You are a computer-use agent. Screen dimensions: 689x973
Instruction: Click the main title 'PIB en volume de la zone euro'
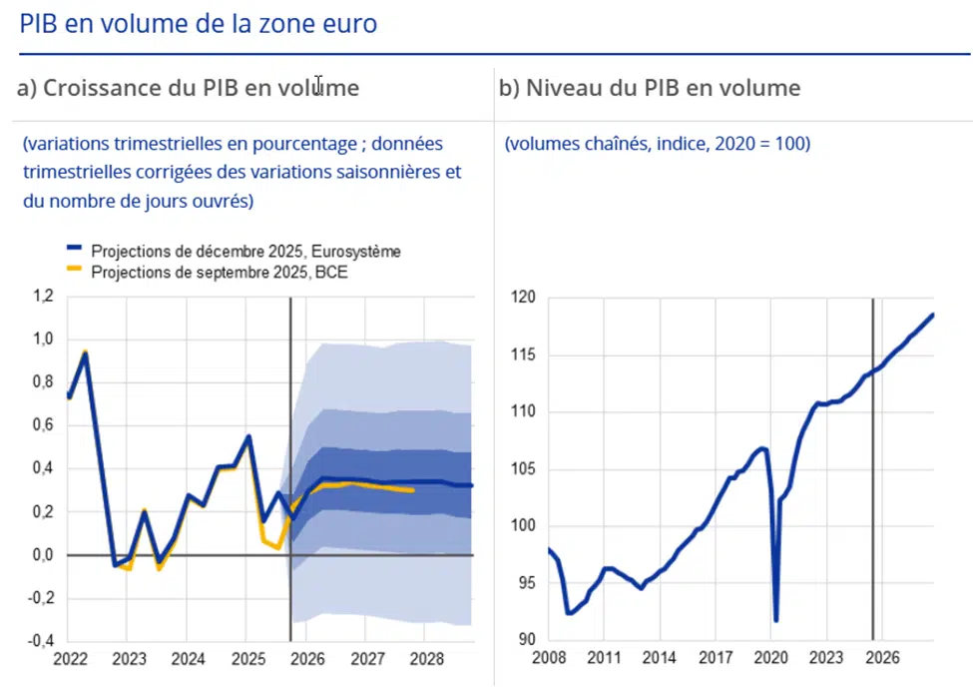pyautogui.click(x=198, y=23)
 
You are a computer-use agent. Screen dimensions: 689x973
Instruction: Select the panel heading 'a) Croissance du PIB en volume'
pyautogui.click(x=189, y=88)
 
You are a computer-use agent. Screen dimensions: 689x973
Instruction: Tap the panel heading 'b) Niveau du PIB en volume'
pyautogui.click(x=649, y=88)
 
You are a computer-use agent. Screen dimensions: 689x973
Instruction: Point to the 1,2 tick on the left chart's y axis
pyautogui.click(x=43, y=297)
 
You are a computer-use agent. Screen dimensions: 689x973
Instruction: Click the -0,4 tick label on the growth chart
pyautogui.click(x=41, y=641)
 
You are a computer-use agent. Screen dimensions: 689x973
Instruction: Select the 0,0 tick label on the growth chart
pyautogui.click(x=43, y=555)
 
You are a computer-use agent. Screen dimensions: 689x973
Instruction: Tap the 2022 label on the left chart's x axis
pyautogui.click(x=69, y=660)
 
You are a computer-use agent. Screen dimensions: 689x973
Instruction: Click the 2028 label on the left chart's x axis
pyautogui.click(x=426, y=660)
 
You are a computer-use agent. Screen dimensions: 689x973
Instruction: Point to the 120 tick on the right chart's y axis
pyautogui.click(x=522, y=298)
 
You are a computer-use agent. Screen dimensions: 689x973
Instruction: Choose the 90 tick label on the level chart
pyautogui.click(x=526, y=640)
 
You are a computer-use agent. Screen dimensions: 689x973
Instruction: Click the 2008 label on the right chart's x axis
pyautogui.click(x=549, y=659)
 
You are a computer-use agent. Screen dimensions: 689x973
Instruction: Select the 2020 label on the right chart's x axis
pyautogui.click(x=769, y=659)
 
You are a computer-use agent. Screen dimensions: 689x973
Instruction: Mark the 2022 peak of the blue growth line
pyautogui.click(x=86, y=354)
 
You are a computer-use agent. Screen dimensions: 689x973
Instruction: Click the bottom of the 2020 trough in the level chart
pyautogui.click(x=776, y=620)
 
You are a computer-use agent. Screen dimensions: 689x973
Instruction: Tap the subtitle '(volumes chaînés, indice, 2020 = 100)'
pyautogui.click(x=658, y=144)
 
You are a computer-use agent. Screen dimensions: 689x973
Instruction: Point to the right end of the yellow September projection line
pyautogui.click(x=413, y=490)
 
